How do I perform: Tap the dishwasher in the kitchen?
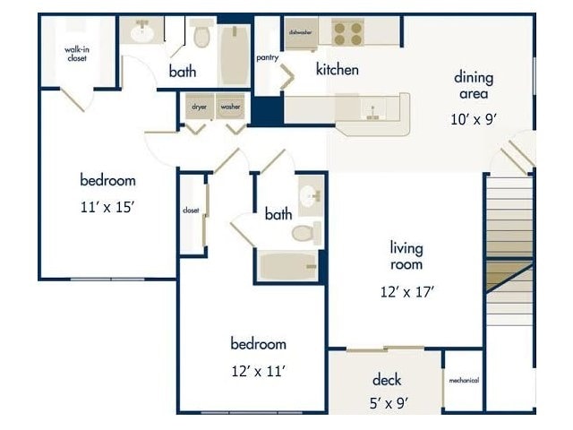click(300, 31)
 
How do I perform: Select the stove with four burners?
click(347, 33)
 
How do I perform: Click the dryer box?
click(200, 107)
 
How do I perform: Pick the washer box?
click(230, 107)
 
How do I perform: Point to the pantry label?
click(267, 58)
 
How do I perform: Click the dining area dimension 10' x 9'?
click(473, 117)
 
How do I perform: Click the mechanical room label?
click(463, 380)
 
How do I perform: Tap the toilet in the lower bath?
click(305, 234)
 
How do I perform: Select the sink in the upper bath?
click(142, 32)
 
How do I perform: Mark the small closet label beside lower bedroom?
click(190, 211)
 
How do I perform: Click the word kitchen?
click(337, 69)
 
